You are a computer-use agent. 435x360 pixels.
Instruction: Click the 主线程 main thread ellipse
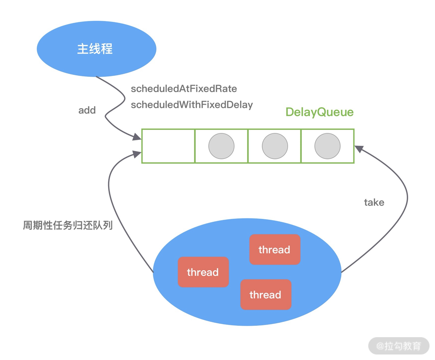coord(96,49)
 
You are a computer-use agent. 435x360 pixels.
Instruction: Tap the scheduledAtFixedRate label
coord(184,89)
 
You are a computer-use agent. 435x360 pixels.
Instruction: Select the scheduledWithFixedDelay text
coord(192,105)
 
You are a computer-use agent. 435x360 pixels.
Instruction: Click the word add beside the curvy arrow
coord(87,110)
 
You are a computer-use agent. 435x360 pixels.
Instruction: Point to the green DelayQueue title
coord(319,112)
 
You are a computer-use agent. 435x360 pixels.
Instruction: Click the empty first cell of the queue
coord(168,146)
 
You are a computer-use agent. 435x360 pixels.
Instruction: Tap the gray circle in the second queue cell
coord(221,146)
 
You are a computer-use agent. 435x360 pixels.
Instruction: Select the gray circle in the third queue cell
coord(275,146)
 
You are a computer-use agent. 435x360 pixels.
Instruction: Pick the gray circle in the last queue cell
coord(327,146)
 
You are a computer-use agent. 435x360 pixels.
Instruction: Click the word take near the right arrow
coord(374,202)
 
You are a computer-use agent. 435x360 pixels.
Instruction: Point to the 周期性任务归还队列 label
coord(68,225)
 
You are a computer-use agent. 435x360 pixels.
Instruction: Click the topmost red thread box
coord(275,250)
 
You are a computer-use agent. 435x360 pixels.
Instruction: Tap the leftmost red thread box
coord(203,272)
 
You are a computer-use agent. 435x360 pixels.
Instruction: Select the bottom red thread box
coord(266,295)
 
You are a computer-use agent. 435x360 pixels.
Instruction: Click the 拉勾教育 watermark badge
coord(399,346)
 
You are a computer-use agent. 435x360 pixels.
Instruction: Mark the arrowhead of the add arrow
coord(137,137)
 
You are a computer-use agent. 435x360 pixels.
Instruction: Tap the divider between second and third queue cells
coord(248,146)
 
